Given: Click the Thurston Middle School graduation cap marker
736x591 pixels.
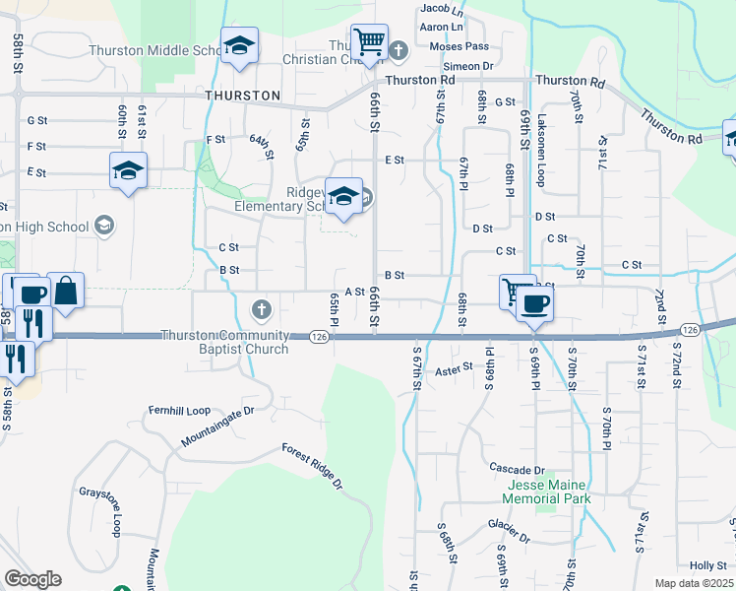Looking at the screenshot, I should [x=239, y=46].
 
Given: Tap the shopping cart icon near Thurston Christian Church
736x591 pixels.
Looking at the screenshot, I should [x=369, y=43].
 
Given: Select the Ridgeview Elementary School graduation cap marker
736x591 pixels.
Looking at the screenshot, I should [x=343, y=195].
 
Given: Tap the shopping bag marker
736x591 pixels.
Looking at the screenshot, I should [x=65, y=291].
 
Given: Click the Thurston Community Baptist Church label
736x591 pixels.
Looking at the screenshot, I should [x=224, y=342].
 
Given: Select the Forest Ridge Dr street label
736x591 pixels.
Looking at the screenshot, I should [x=312, y=467].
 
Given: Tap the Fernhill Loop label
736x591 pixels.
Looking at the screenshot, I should [x=179, y=410].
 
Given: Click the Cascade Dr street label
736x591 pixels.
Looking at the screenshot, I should [x=518, y=470].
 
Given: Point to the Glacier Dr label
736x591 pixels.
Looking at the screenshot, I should [x=511, y=539].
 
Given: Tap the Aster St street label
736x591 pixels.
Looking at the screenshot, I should [x=454, y=368].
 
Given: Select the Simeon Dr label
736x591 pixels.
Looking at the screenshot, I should [x=473, y=66].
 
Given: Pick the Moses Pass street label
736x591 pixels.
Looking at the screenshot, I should [x=464, y=46].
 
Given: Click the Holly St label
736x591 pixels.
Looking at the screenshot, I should [x=707, y=565].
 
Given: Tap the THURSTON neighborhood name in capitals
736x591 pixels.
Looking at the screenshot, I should [x=243, y=96].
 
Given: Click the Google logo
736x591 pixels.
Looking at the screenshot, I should [x=32, y=579].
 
